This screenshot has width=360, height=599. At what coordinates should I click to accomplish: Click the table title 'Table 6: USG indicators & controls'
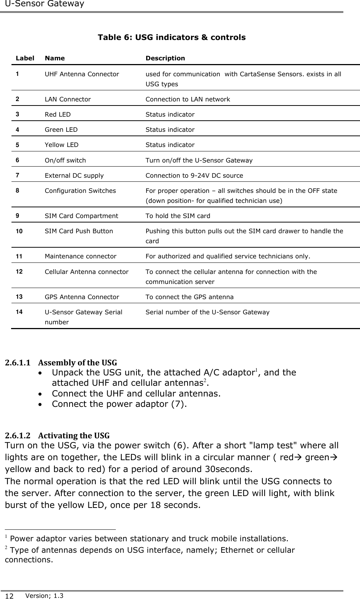pos(171,37)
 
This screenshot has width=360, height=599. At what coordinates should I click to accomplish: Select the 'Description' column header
pos(165,58)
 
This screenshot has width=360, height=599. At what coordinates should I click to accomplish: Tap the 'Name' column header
pos(54,58)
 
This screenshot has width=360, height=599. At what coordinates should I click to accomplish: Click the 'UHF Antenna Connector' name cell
pos(82,74)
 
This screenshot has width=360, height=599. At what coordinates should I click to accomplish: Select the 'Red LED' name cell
pos(57,114)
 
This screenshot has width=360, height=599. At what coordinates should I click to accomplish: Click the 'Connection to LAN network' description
pos(188,99)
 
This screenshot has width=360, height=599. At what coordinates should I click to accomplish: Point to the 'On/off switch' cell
pos(65,160)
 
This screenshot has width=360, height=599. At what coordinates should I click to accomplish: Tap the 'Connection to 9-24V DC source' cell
pos(194,175)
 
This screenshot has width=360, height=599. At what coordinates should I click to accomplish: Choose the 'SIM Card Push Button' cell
pos(79,231)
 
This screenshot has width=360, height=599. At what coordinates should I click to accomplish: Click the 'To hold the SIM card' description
pos(178,216)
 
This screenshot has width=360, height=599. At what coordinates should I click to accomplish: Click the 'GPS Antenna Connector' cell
pos(82,297)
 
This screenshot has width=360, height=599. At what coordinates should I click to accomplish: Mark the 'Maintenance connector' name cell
pos(80,256)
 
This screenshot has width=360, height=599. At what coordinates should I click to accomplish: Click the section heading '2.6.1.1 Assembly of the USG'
pos(61,362)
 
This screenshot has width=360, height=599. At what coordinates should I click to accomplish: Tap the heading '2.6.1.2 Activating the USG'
pos(57,435)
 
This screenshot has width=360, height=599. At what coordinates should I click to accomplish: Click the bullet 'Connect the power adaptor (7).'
pos(119,404)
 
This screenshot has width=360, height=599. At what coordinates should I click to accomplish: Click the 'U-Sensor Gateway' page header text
pos(42,4)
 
